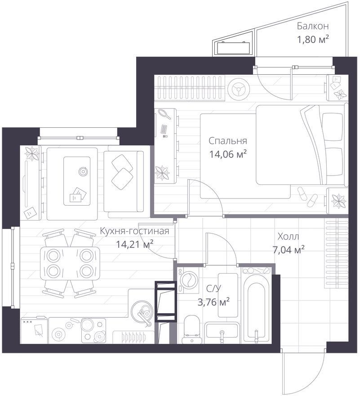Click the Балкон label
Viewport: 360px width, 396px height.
point(312,26)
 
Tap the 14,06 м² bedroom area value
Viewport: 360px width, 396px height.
point(228,154)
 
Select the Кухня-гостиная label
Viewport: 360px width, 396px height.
point(134,231)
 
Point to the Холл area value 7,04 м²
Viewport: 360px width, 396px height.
point(289,249)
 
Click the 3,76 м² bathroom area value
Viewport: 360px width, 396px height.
point(213,301)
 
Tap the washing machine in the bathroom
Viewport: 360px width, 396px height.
point(188,280)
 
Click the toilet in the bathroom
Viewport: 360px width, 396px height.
point(191,329)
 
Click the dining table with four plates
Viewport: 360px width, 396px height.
point(70,263)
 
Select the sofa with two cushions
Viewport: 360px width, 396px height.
point(124,181)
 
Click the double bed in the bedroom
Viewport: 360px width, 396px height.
point(300,145)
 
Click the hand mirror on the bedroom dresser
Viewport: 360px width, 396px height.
point(165,114)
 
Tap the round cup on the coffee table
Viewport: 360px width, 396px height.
point(83,172)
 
